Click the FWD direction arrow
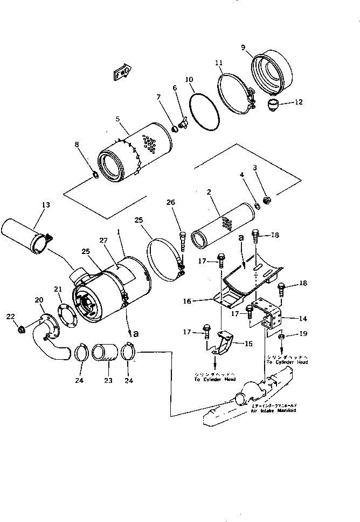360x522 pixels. coord(122,72)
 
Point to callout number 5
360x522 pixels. coord(117,119)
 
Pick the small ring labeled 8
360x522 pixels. coord(93,174)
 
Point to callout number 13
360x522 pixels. coord(45,204)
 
